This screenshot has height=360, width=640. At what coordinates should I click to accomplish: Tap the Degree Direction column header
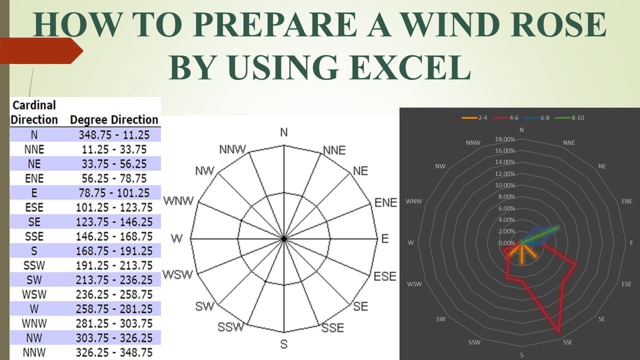(114, 120)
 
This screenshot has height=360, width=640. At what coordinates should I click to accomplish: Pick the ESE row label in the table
(34, 207)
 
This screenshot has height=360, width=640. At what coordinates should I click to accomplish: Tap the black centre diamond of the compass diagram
(284, 239)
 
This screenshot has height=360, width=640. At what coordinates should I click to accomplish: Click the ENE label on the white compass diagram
(385, 202)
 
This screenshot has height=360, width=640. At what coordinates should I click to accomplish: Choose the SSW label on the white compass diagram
(230, 327)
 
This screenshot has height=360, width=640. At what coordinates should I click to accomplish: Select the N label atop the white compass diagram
(284, 132)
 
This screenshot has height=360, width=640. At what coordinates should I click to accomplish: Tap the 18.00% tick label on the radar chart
(504, 139)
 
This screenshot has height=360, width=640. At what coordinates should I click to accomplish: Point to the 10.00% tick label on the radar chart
(504, 185)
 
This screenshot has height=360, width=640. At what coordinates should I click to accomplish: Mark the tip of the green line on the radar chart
(558, 227)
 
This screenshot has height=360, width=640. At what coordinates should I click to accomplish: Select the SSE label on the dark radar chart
(567, 342)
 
